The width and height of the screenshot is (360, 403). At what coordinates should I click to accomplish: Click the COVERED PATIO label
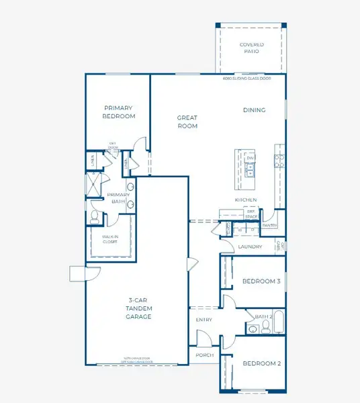pos(251,48)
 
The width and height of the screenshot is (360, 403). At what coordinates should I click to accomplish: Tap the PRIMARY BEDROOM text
pos(118,111)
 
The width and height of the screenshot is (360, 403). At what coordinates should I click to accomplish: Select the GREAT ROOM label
pos(187,121)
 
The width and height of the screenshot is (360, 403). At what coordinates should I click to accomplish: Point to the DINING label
pos(254,110)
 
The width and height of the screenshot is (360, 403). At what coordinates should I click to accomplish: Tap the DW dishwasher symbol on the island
pos(250,159)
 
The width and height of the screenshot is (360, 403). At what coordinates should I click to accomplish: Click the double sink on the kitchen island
pos(250,169)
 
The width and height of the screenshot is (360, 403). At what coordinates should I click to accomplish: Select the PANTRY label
pos(270,226)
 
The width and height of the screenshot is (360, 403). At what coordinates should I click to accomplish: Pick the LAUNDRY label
pos(250,247)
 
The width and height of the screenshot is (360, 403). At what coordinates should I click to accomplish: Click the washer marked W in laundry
pos(241,230)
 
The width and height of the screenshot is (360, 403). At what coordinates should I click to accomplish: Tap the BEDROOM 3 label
pos(261,281)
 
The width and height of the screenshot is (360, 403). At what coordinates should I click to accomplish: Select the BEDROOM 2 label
pos(261,363)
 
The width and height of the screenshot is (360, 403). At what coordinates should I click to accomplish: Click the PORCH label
pos(204,355)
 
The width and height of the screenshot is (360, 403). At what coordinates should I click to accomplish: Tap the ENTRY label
pos(204,320)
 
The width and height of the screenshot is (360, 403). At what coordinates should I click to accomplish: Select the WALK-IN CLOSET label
pos(109,239)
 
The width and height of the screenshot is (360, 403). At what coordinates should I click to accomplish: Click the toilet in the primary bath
pos(95,216)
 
